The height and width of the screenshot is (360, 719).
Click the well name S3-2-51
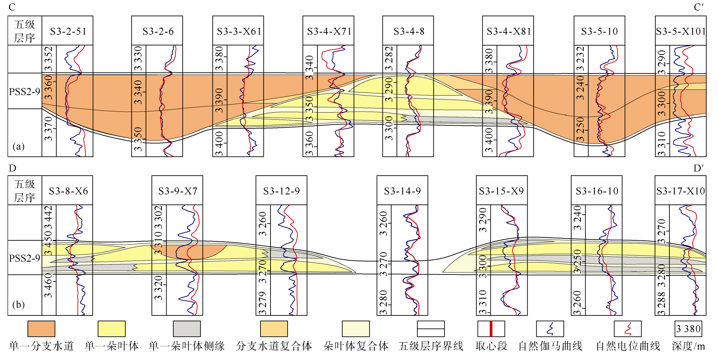[x=68, y=31]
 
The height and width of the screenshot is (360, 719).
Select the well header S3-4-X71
[x=329, y=31]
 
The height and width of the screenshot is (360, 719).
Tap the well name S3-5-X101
[x=681, y=31]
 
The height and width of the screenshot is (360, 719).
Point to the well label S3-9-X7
[x=178, y=191]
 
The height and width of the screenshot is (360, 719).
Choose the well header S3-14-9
[x=402, y=191]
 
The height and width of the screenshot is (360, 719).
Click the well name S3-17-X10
[x=681, y=191]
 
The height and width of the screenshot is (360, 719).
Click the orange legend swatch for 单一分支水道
[x=41, y=329]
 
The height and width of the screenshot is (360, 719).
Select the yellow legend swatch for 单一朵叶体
[x=112, y=329]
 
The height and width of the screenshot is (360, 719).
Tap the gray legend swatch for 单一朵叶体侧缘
[x=187, y=329]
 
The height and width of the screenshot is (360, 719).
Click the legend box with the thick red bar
[x=491, y=329]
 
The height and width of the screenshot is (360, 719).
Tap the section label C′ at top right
[x=699, y=7]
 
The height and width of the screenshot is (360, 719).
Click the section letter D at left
[x=12, y=168]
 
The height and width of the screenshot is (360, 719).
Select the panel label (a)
[x=18, y=146]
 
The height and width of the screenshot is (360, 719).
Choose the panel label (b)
[x=18, y=304]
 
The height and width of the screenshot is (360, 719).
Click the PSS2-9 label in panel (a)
[x=24, y=92]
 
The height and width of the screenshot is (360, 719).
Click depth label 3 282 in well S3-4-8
[x=389, y=59]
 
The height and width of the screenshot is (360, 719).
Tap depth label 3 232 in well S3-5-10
[x=581, y=59]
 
